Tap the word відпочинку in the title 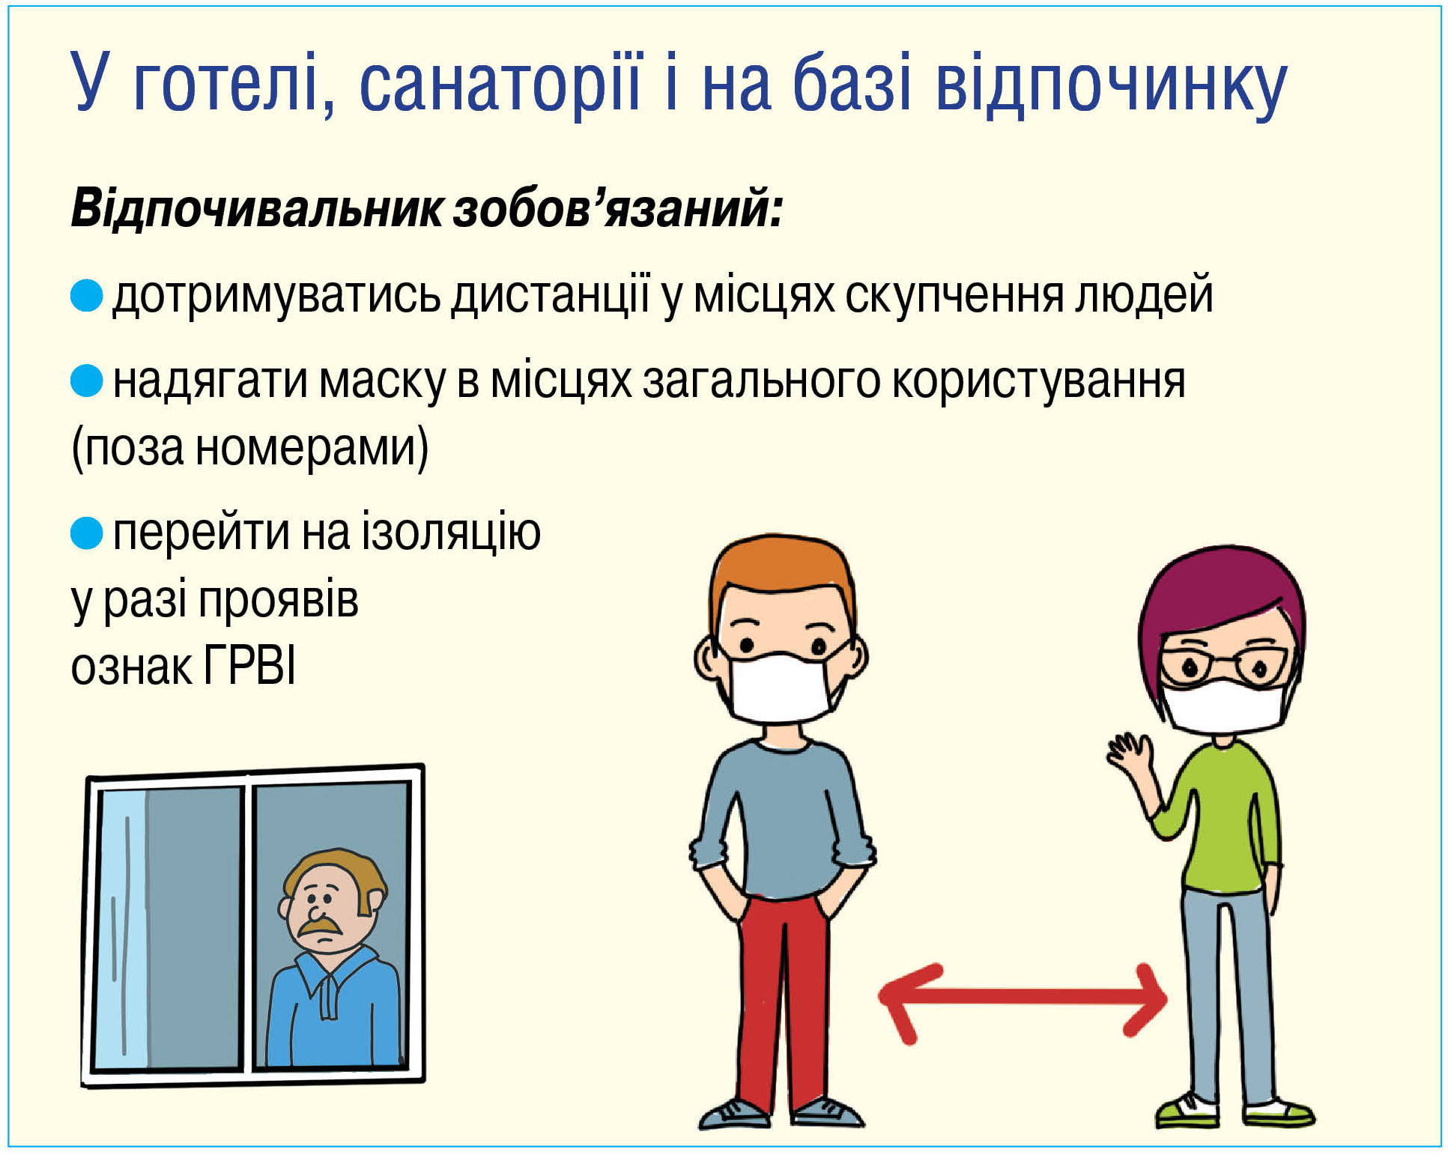tap(1112, 85)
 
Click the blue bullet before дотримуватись tap(87, 295)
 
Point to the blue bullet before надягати tap(87, 381)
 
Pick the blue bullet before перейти tap(87, 533)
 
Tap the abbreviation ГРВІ tap(250, 665)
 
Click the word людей tap(1144, 295)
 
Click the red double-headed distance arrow tap(1023, 1002)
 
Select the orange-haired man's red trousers tap(783, 1004)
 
